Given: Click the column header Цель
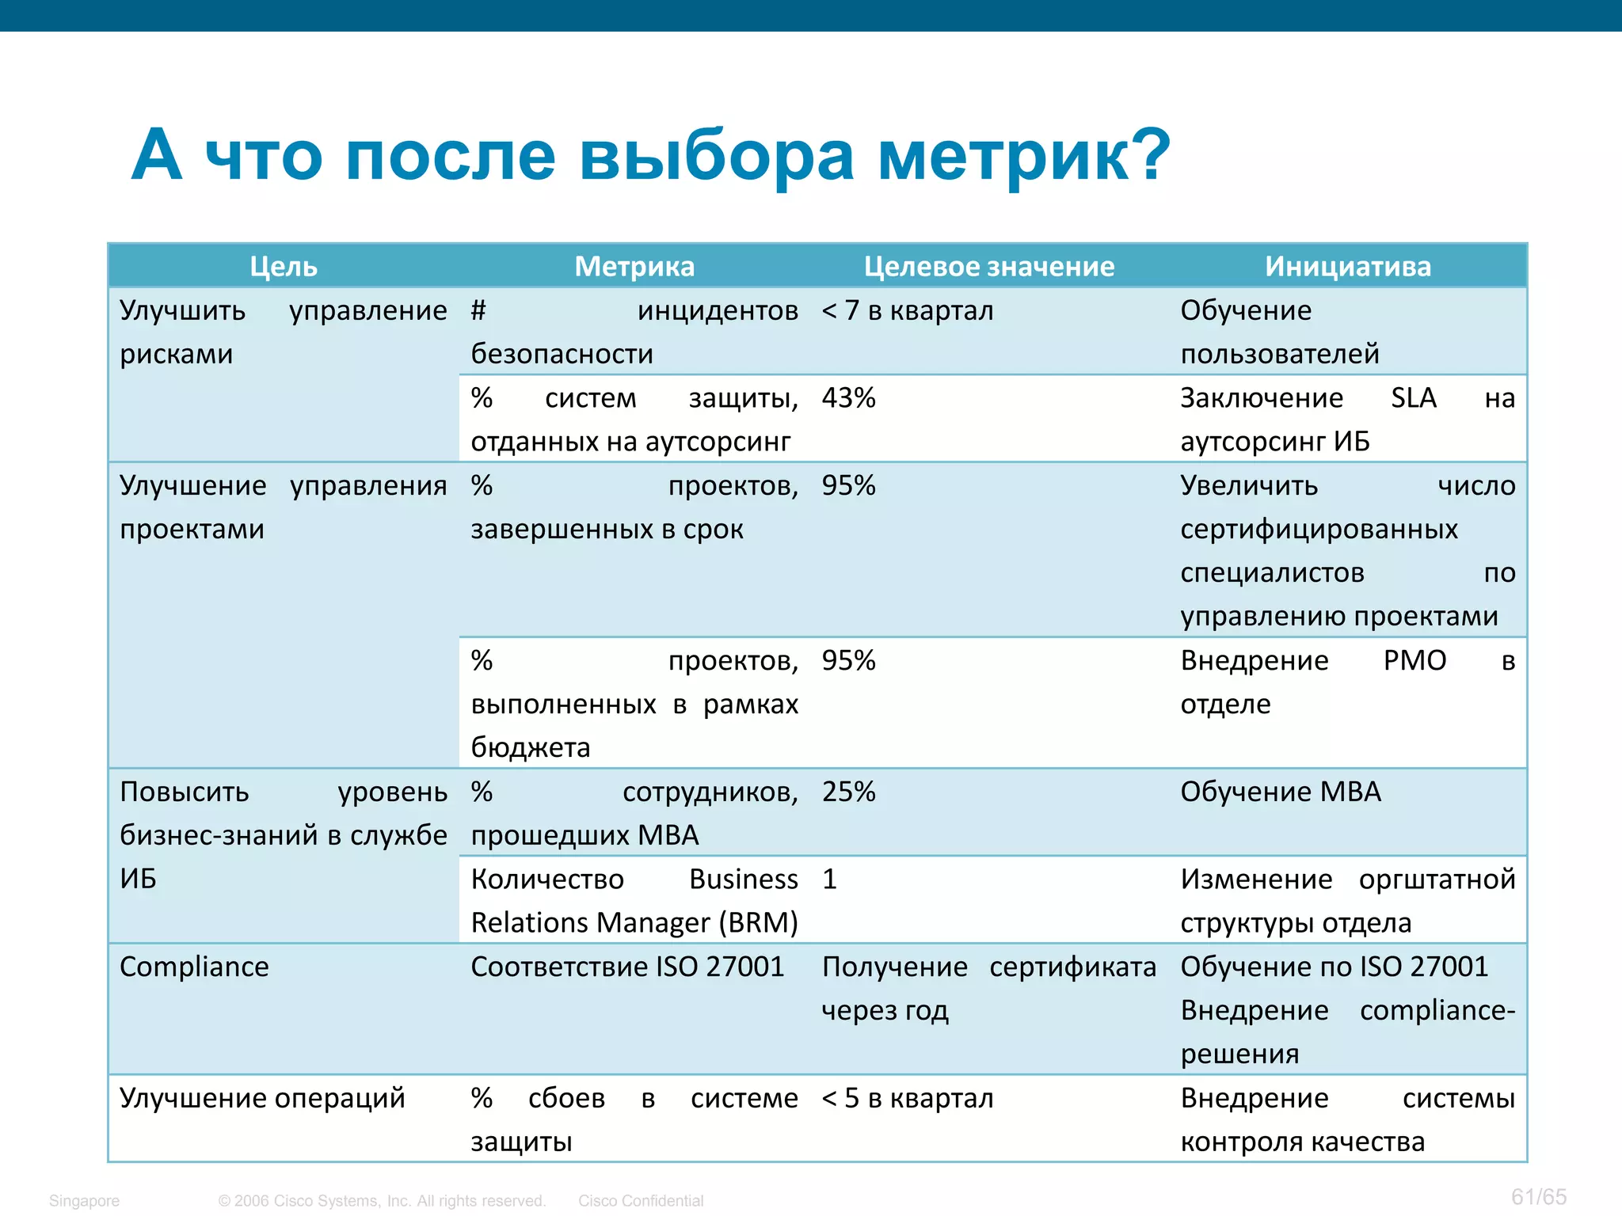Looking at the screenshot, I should (x=284, y=267).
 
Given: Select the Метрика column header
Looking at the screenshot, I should (x=634, y=267).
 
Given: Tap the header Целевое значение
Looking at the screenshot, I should (x=989, y=267).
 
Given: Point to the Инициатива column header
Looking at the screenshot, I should (x=1348, y=267).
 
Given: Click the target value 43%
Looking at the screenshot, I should (x=848, y=397).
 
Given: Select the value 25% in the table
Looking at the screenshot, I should (x=848, y=792).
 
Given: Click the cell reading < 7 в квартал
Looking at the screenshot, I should (x=908, y=310).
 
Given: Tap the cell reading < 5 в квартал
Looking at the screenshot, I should (x=908, y=1098).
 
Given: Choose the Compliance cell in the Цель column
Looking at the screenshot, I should (x=194, y=967).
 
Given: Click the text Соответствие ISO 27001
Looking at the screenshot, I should (x=627, y=967).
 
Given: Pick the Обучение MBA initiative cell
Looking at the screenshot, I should (x=1281, y=792).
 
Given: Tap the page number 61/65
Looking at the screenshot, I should (x=1538, y=1196).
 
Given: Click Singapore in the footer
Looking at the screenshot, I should (x=84, y=1201).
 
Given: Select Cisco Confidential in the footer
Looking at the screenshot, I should (x=641, y=1201).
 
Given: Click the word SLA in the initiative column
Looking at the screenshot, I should (x=1414, y=397).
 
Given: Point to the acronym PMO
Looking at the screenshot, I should (x=1414, y=660).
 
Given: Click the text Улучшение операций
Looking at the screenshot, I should (x=262, y=1098).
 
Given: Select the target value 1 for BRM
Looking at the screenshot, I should (x=829, y=880).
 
